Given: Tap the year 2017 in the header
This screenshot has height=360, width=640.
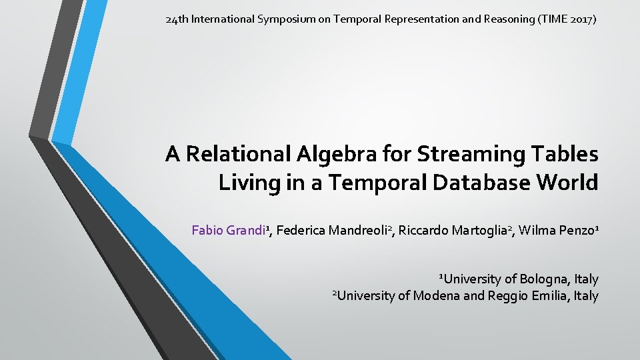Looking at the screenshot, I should point(581,19).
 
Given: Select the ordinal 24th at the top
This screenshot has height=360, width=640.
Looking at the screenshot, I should point(177,19).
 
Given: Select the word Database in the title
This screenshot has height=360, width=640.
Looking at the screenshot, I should point(470,183).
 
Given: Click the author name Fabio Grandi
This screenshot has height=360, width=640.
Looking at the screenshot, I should point(229,231).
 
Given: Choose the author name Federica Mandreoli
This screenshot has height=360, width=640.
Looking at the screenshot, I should point(332,231).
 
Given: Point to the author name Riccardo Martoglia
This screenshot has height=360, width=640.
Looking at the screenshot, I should point(453,231).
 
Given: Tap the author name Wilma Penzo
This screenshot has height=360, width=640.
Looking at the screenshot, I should point(559,231).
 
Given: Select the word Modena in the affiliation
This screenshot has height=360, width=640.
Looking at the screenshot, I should point(436,295).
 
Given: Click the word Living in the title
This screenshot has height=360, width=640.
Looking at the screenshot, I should point(247,183).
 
